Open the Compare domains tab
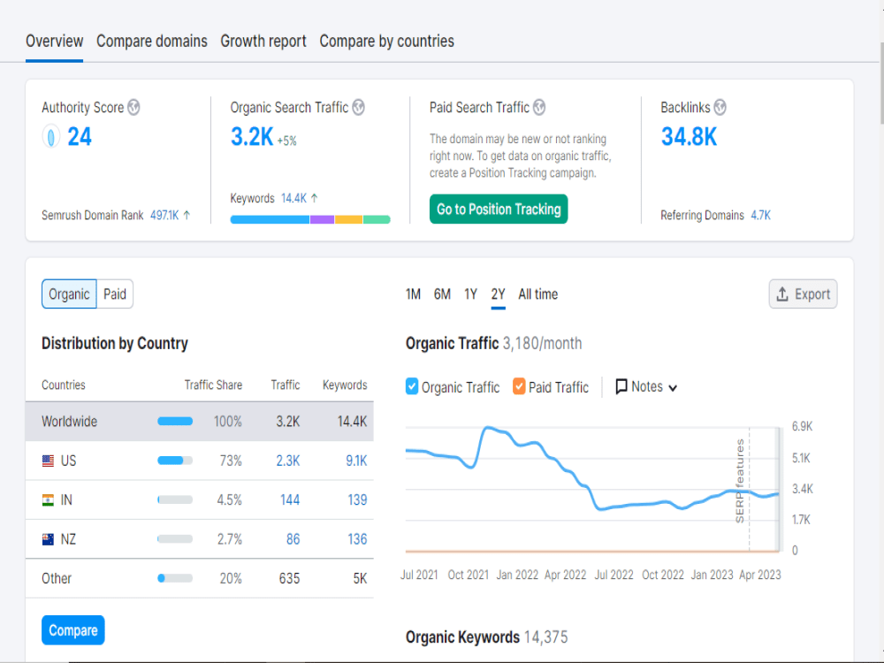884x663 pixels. (x=152, y=42)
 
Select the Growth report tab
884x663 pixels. (x=263, y=42)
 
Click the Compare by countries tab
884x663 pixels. (x=387, y=42)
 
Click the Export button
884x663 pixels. (x=803, y=293)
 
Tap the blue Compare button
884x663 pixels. (x=73, y=629)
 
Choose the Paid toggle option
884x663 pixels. (x=115, y=293)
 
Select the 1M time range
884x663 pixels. (x=413, y=294)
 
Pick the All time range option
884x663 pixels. (x=537, y=294)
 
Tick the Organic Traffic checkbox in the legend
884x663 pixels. (x=412, y=386)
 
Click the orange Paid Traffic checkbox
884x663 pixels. (x=519, y=386)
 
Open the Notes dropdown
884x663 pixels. (x=646, y=387)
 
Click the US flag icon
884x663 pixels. (x=49, y=461)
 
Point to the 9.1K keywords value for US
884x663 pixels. (x=356, y=461)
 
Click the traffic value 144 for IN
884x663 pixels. (x=290, y=500)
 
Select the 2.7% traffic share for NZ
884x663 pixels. (x=230, y=539)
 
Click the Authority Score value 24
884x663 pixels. (x=80, y=136)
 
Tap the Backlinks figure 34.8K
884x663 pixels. (x=689, y=136)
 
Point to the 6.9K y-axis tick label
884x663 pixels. (x=802, y=426)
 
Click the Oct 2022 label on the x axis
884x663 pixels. (x=663, y=575)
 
